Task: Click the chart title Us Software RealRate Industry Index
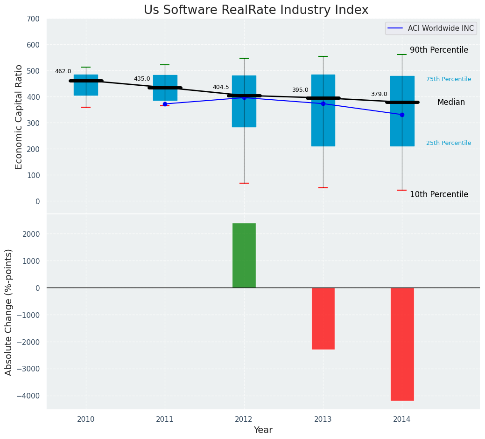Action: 256,10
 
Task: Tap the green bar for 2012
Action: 244,255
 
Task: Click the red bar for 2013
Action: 323,318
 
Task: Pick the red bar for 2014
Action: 402,344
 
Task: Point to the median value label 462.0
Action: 63,72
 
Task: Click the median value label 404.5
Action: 221,88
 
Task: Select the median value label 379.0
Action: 379,95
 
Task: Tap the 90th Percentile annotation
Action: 439,50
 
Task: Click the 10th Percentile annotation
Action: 439,195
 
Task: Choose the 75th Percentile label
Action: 449,80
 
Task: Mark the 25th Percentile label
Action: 449,144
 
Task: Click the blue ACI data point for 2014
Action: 402,115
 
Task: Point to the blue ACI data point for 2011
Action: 165,104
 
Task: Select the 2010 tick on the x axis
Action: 86,419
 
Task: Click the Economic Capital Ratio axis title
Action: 19,117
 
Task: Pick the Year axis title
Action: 263,430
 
